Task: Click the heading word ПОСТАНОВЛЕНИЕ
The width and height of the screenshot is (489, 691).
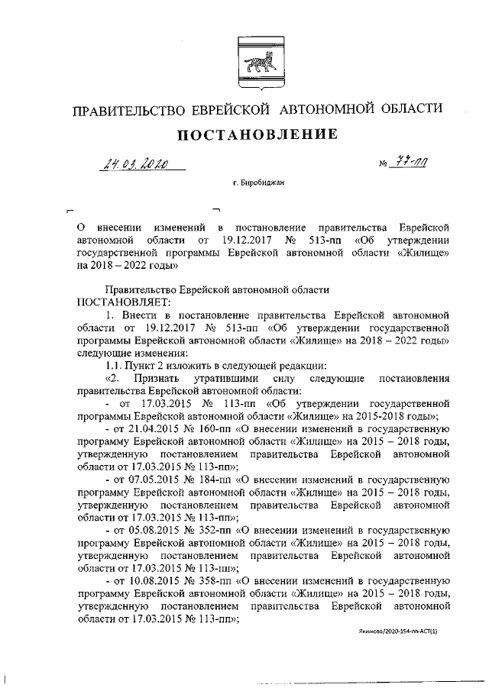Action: (x=257, y=135)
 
